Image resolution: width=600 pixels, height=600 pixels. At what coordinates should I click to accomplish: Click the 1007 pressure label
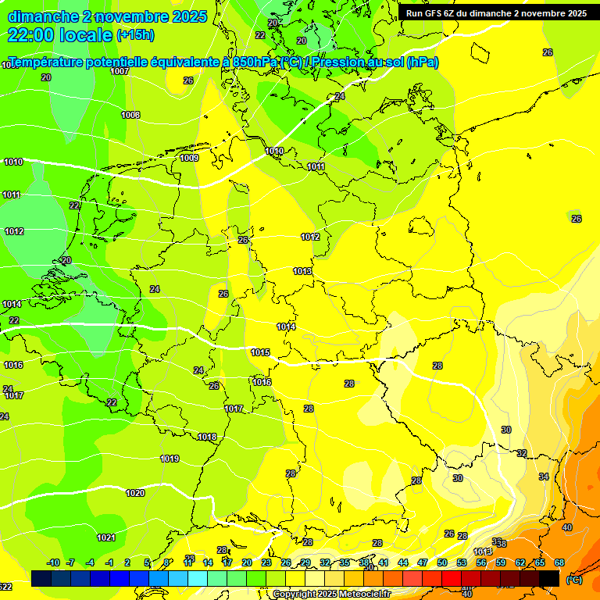click(120, 71)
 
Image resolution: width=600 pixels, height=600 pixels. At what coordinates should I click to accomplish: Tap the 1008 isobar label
click(130, 115)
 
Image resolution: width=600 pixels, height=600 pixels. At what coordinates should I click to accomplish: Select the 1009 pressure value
click(189, 158)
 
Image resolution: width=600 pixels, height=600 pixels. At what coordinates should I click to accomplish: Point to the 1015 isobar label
click(260, 352)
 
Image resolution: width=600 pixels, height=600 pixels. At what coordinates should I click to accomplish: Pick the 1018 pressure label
click(207, 437)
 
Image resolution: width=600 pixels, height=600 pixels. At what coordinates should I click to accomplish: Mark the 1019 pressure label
click(170, 459)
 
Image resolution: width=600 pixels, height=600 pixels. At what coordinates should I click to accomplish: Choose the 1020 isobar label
click(135, 493)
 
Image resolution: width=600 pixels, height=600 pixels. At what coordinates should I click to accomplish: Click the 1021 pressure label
click(106, 537)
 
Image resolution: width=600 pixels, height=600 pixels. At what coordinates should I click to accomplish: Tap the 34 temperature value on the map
click(544, 477)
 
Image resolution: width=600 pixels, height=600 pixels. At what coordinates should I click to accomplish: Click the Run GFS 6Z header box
click(496, 13)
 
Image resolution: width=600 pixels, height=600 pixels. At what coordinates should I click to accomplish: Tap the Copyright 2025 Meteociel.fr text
click(332, 594)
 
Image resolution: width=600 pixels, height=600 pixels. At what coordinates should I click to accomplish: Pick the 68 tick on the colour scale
click(559, 562)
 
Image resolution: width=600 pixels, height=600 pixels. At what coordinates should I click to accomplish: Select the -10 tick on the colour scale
click(53, 562)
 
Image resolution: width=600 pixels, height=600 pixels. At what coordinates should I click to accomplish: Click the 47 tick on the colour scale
click(423, 562)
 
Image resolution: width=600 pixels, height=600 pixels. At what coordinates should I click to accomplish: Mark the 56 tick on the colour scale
click(481, 562)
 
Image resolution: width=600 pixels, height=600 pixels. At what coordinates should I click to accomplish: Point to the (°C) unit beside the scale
click(574, 580)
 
